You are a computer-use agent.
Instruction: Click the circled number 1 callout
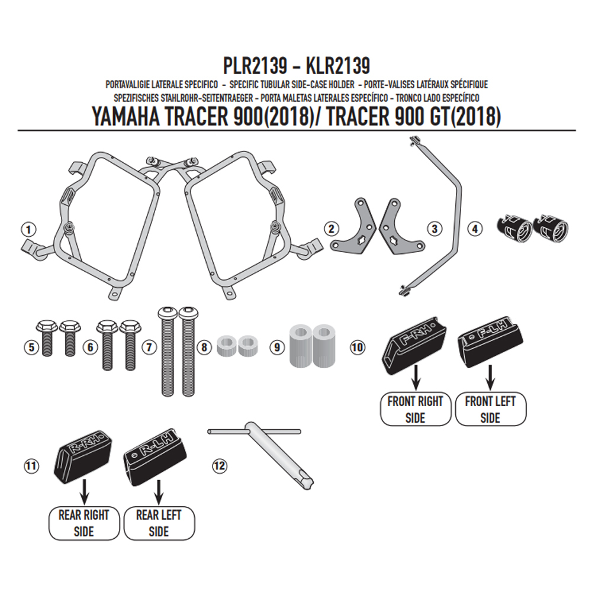click(x=28, y=229)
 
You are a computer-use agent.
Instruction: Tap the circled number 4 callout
click(x=475, y=229)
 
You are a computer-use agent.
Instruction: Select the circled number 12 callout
click(x=220, y=465)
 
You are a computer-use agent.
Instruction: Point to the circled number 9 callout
click(x=277, y=347)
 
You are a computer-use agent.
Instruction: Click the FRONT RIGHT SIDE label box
click(x=416, y=409)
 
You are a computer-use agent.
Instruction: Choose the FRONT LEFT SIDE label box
click(x=490, y=409)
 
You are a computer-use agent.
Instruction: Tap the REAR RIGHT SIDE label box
click(x=84, y=523)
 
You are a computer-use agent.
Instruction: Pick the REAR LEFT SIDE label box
click(x=159, y=523)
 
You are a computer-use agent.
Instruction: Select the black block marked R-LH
click(x=155, y=455)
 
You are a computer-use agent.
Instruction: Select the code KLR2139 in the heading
click(x=337, y=66)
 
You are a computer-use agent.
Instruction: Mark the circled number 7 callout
click(x=149, y=347)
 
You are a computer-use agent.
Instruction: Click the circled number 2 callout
click(x=331, y=229)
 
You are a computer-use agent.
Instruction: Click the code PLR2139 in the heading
click(x=255, y=66)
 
